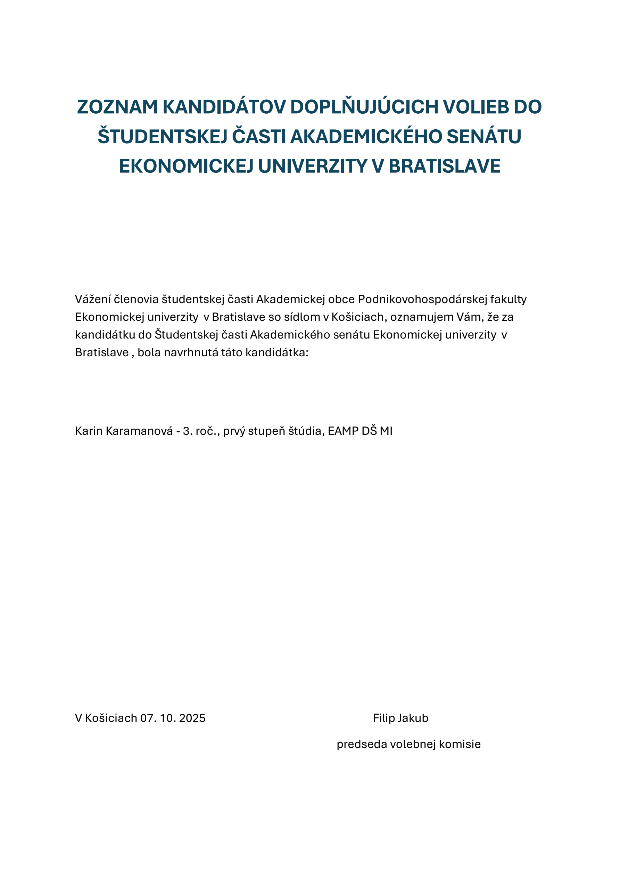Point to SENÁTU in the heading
click(483, 137)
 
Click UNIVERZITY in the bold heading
click(313, 166)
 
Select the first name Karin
click(89, 431)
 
